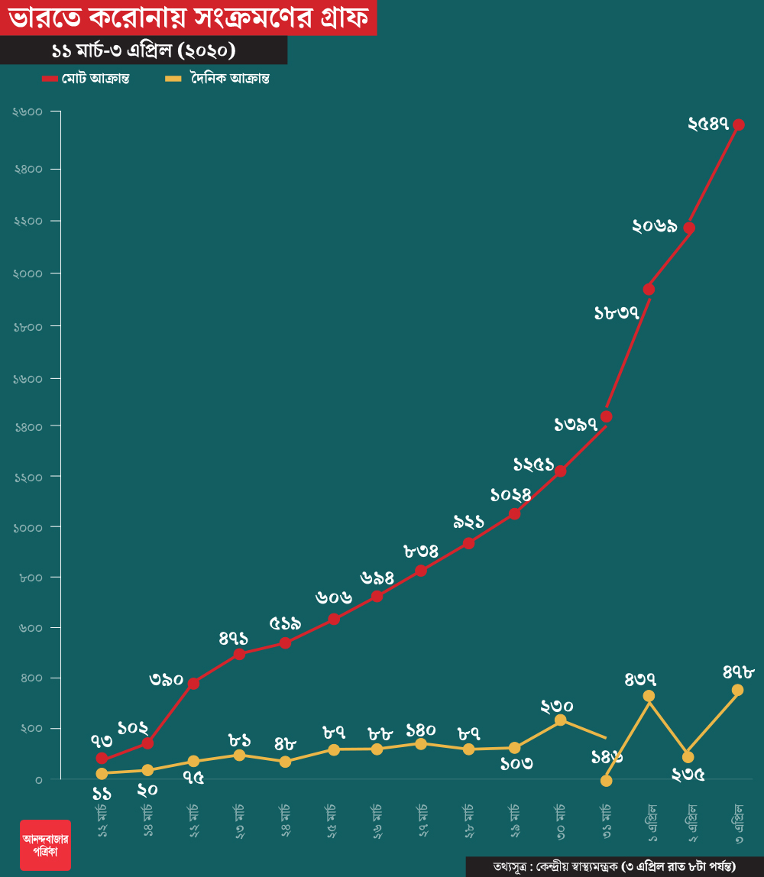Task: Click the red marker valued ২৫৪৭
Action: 739,125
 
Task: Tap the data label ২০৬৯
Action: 655,226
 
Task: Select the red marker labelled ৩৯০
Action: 194,683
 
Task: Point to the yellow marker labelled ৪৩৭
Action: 649,696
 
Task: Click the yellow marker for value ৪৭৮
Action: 738,690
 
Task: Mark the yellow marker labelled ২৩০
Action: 560,720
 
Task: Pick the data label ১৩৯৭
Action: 576,425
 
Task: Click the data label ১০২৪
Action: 510,495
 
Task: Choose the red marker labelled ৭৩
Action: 102,759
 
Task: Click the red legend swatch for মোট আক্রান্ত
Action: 50,79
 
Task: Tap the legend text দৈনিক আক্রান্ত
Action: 226,79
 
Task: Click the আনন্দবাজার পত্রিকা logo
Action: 45,845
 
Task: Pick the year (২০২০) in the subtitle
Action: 205,50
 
